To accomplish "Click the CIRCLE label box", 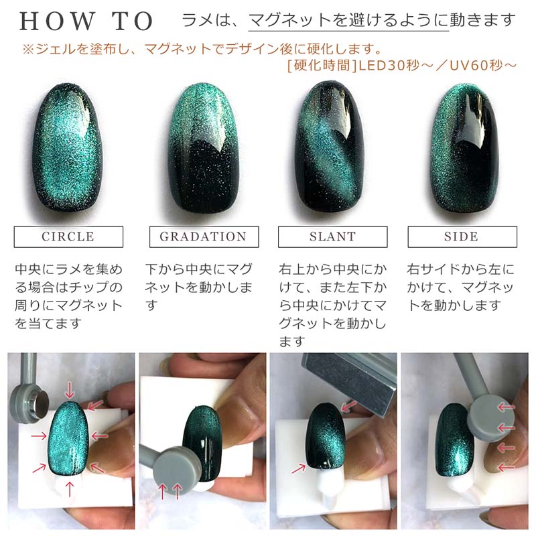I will [68, 237].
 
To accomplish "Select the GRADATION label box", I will [202, 237].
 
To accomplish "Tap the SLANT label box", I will [332, 237].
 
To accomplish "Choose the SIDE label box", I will [462, 237].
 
